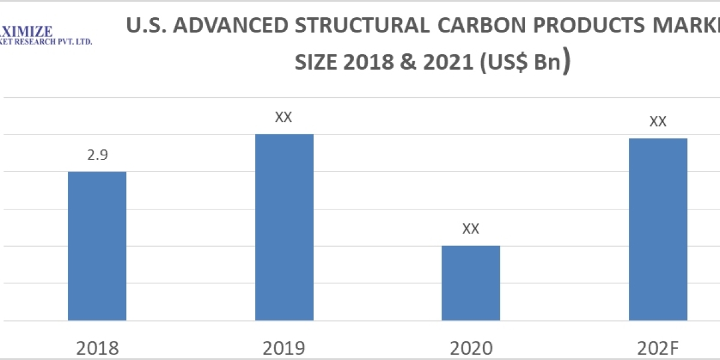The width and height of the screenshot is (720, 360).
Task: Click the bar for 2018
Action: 97,246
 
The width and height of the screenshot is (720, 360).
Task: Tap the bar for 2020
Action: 470,283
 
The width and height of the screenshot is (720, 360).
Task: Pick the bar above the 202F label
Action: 658,229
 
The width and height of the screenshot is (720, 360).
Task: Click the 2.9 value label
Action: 97,155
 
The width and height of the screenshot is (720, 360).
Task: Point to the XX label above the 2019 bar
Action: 283,117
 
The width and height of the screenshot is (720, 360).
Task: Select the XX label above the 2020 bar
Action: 470,229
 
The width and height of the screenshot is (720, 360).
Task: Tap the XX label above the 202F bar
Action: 658,121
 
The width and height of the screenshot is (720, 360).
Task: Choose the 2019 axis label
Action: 284,348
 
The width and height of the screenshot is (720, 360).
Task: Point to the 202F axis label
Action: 658,348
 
